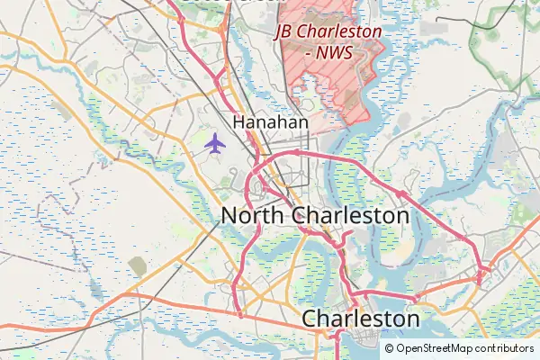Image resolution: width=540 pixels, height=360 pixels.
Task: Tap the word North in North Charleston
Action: point(254,216)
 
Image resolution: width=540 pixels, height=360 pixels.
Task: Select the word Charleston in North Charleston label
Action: point(351,216)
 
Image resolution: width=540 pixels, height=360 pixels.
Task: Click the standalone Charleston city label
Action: point(360,319)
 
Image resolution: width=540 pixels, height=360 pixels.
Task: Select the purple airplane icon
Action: point(214,143)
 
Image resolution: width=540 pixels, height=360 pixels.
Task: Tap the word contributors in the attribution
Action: point(505,348)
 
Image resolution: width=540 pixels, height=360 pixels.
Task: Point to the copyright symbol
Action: point(389,348)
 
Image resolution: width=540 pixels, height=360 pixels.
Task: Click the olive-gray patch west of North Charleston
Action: point(137,265)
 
